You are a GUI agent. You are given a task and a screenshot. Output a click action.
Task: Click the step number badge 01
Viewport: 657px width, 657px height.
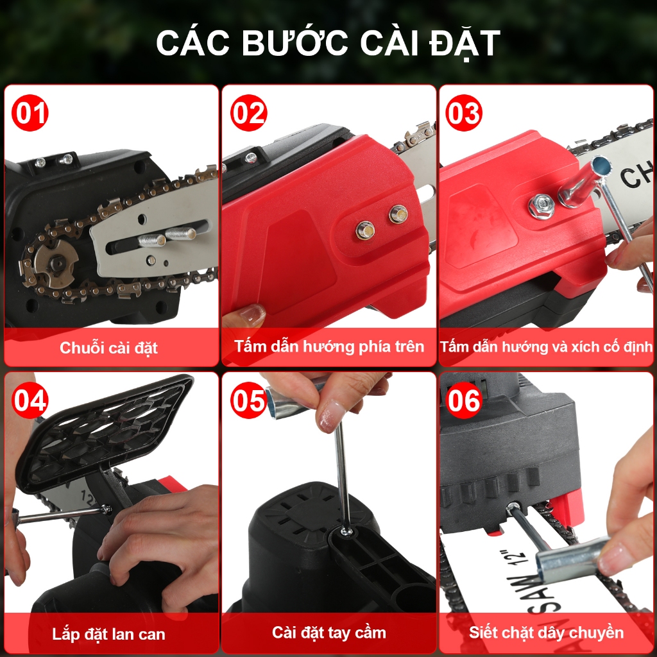tap(30, 113)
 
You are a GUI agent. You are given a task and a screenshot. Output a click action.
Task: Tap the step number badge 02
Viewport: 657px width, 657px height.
tap(248, 113)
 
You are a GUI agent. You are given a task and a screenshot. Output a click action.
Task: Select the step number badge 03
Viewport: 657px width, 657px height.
tap(464, 113)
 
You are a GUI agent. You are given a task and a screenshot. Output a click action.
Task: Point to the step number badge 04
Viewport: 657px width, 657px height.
tap(30, 400)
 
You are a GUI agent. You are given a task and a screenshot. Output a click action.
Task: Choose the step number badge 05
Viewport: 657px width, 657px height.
tap(248, 400)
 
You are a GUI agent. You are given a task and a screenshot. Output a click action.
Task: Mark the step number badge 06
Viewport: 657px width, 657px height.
tap(464, 400)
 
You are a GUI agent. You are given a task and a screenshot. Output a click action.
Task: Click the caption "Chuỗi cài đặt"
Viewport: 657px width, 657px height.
tap(108, 348)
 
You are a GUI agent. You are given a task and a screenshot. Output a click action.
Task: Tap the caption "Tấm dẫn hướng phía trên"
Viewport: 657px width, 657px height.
tap(329, 346)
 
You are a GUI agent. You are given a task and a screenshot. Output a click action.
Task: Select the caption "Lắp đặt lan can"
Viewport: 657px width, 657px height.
tap(108, 634)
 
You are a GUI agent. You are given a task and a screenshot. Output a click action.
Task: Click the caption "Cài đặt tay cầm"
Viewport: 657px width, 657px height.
tap(329, 632)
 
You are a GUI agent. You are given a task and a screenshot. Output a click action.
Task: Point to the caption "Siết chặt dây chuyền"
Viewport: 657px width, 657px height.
tap(547, 632)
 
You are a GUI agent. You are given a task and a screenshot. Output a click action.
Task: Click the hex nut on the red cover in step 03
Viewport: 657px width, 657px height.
tap(542, 205)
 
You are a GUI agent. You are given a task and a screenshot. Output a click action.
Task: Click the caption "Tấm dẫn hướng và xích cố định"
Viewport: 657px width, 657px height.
tap(547, 346)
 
